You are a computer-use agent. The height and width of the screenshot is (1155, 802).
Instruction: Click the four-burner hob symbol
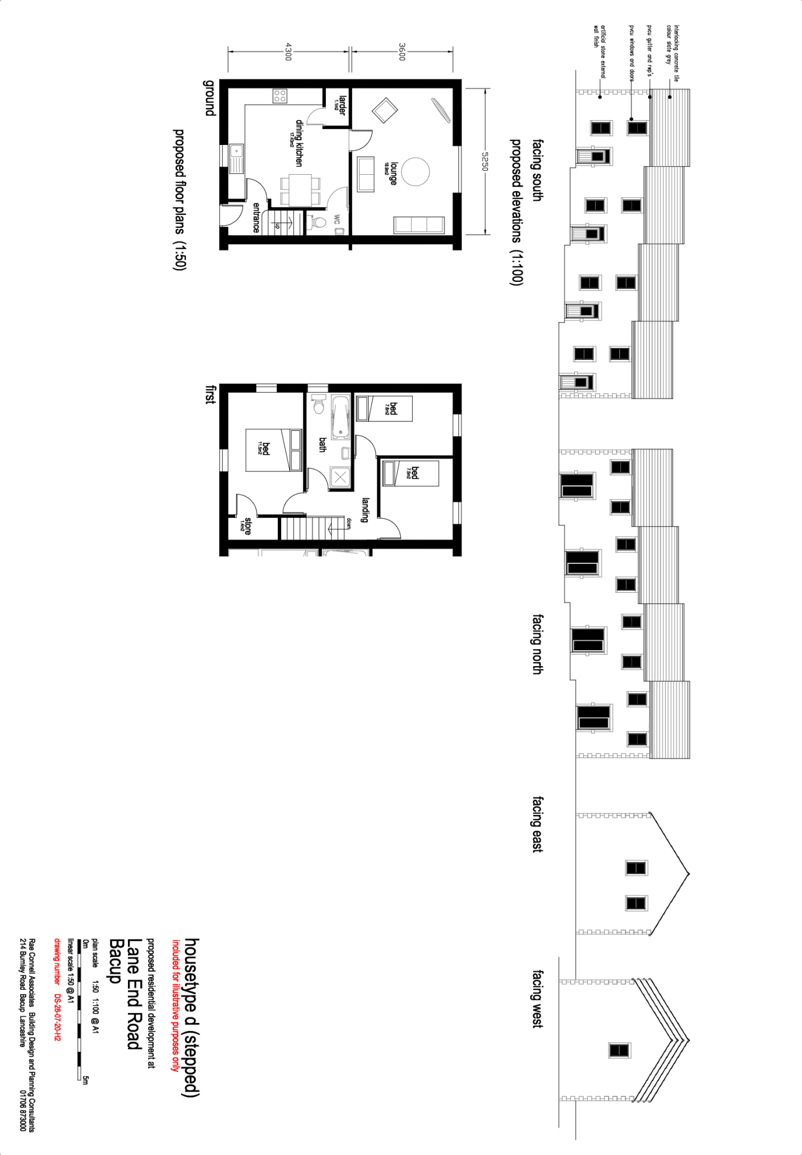pyautogui.click(x=280, y=96)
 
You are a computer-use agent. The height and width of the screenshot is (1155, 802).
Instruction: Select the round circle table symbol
pyautogui.click(x=415, y=171)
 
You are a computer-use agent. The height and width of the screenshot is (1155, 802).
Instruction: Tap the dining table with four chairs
pyautogui.click(x=300, y=190)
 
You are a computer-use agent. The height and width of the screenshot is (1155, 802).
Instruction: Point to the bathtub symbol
pyautogui.click(x=340, y=417)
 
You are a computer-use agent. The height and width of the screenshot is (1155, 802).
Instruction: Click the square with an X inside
pyautogui.click(x=340, y=478)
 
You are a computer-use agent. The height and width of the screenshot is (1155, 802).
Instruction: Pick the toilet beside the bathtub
pyautogui.click(x=318, y=404)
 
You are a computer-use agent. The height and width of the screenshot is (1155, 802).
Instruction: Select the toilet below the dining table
pyautogui.click(x=318, y=223)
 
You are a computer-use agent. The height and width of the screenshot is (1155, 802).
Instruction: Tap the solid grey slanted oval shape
pyautogui.click(x=440, y=110)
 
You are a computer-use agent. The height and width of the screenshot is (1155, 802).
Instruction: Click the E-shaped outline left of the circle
pyautogui.click(x=366, y=174)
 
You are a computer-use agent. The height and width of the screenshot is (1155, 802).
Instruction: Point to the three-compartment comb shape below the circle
pyautogui.click(x=419, y=224)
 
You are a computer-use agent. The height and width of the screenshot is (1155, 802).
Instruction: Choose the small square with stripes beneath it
pyautogui.click(x=237, y=158)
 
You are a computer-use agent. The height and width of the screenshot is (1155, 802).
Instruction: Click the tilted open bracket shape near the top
pyautogui.click(x=386, y=109)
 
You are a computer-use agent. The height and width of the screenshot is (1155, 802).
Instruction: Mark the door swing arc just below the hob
pyautogui.click(x=316, y=116)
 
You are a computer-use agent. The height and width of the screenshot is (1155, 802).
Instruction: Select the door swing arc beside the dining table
pyautogui.click(x=338, y=199)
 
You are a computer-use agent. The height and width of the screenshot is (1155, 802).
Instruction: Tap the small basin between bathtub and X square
pyautogui.click(x=346, y=453)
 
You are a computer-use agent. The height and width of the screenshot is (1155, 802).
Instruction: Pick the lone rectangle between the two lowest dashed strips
pyautogui.click(x=619, y=1051)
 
